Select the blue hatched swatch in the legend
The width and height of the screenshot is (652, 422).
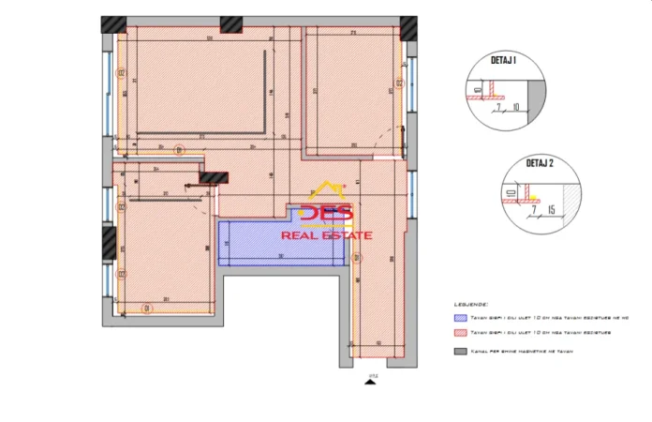pos(460,318)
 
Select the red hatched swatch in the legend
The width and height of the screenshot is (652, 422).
pos(460,332)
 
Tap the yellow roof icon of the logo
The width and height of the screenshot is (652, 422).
pos(327,190)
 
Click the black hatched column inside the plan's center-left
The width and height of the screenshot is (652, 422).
pos(215,176)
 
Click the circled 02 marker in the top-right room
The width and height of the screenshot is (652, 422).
pos(399,83)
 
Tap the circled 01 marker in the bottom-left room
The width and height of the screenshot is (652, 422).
pos(145,307)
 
